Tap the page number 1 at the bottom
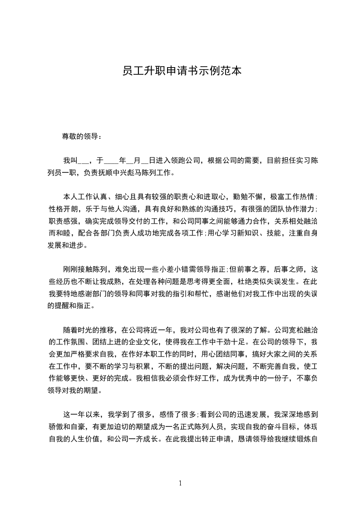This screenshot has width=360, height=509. (180, 483)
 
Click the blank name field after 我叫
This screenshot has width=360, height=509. (84, 161)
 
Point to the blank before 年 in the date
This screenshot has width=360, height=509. (111, 161)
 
